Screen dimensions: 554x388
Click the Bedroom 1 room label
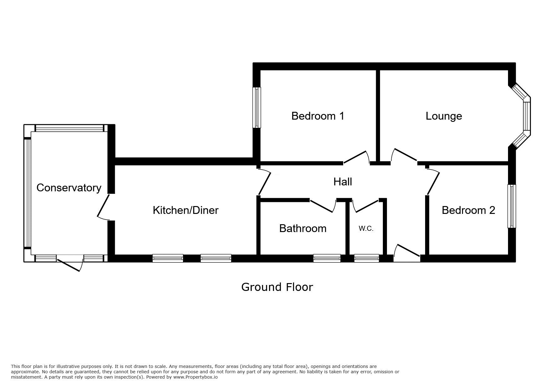pos(318,116)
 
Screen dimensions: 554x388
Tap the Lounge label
pos(444,116)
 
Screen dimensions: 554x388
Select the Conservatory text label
pos(69,188)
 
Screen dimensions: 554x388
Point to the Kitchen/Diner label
pos(186,210)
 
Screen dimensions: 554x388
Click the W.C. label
pos(366,229)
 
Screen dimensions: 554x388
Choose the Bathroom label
pos(303,228)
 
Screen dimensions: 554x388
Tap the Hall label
pos(343,182)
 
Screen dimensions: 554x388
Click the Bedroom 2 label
pos(468,210)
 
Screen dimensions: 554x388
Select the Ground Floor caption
pos(277,287)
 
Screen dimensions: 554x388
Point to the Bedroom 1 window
pos(257,107)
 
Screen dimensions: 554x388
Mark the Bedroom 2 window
pos(512,206)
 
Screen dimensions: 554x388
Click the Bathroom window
pos(327,258)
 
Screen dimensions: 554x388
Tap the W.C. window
pos(366,258)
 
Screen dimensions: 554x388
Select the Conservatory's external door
pos(70,263)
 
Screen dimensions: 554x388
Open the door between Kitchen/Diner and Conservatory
pos(104,207)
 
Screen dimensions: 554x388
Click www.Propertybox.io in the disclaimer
pos(196,377)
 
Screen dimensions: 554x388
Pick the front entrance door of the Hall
pos(407,251)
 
